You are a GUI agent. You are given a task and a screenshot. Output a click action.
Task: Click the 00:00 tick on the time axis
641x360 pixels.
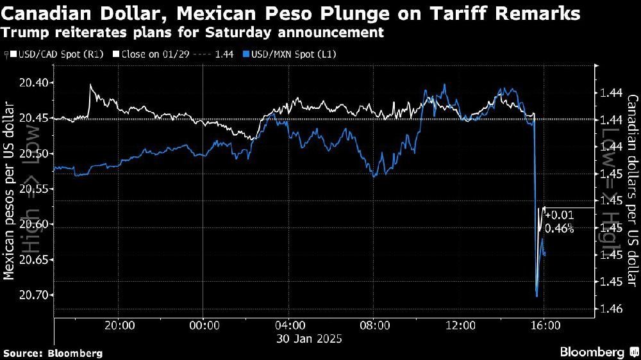tap(203, 325)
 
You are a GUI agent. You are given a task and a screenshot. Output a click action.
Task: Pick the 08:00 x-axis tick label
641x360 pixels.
tap(374, 325)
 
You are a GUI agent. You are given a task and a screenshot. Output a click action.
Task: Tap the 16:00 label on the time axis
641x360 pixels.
tap(544, 325)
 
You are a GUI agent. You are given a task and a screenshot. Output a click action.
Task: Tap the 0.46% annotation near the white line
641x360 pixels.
tap(559, 228)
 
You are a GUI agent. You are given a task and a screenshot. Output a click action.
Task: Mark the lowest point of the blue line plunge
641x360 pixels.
tap(536, 296)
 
